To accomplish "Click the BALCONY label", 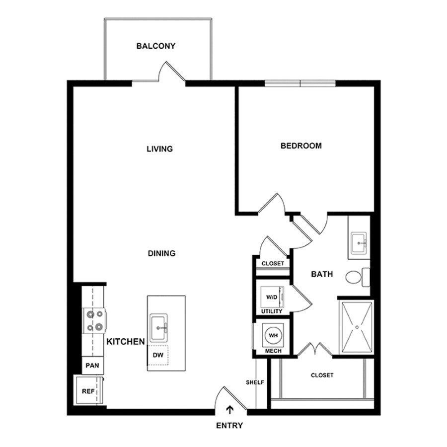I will coord(156,47).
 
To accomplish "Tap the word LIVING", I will coord(159,149).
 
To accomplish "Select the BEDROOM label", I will coord(301,146).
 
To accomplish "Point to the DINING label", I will coord(162,253).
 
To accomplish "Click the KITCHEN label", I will coord(126,342).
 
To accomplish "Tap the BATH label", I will coord(322,274).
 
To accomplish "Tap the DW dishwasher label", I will coord(158,356).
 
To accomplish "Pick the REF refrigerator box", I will coord(88,391).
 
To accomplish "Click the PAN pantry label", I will coord(92,366).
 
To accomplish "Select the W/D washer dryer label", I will coord(271,298).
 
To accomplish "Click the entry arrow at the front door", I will coord(230,410).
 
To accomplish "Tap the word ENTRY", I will coord(230,426).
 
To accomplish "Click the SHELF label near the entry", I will coord(255,382).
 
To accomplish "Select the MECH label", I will coord(273,351).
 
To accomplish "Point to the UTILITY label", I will coord(272,311).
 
